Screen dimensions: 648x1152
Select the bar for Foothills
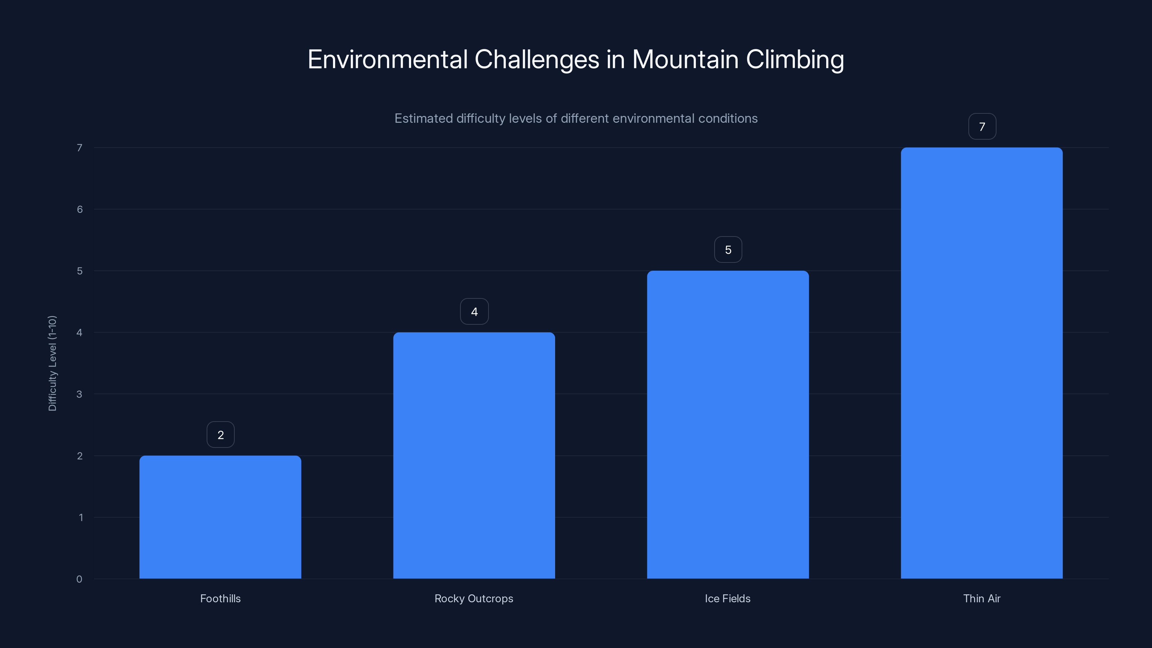(x=220, y=517)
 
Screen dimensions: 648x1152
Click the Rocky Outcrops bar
(x=474, y=455)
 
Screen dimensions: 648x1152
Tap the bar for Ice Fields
(x=728, y=424)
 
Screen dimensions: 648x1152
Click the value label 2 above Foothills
(x=220, y=435)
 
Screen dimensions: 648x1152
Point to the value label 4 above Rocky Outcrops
(x=474, y=312)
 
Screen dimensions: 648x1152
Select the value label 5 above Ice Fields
(x=728, y=249)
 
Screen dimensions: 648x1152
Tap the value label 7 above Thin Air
(x=982, y=127)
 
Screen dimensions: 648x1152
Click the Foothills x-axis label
(x=220, y=598)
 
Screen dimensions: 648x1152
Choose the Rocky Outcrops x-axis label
(x=474, y=598)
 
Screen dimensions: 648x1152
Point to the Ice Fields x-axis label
(x=728, y=598)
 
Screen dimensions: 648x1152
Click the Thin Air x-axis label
(x=982, y=598)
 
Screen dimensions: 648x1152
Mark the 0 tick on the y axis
(x=79, y=579)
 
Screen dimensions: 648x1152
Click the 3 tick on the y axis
(x=79, y=394)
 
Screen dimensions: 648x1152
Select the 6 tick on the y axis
(x=80, y=209)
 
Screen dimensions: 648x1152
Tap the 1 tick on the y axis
(x=81, y=517)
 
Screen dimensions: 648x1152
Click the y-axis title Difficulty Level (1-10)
(x=52, y=363)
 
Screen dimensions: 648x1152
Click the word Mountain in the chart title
(x=685, y=59)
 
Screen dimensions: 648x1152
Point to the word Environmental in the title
(x=387, y=59)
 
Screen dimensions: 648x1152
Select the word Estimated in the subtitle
(x=423, y=118)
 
